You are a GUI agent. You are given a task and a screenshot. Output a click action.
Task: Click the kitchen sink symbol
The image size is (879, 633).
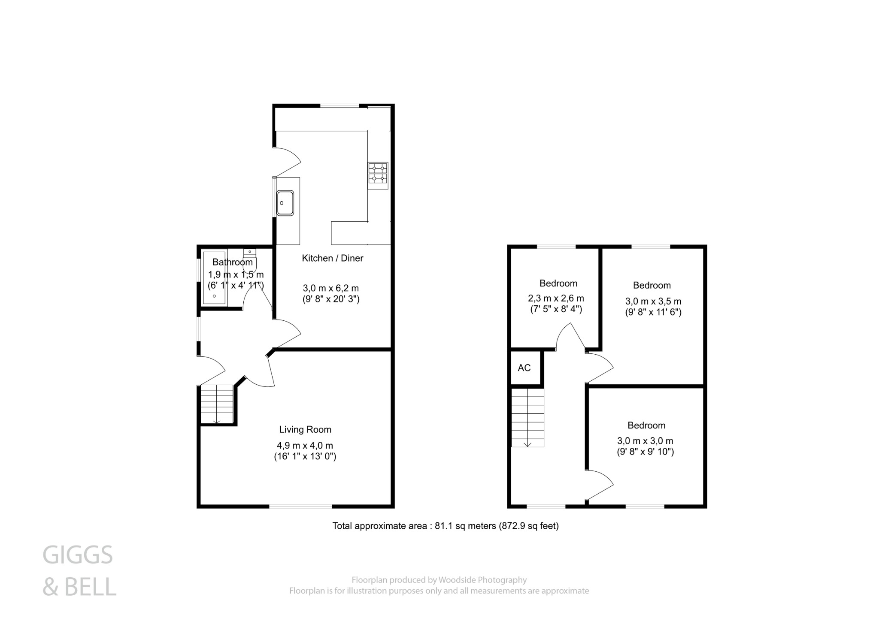pyautogui.click(x=285, y=203)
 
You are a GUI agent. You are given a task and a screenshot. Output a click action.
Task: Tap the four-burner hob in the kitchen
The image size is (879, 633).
pyautogui.click(x=378, y=175)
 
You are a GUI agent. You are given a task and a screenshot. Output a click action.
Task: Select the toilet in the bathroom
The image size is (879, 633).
pyautogui.click(x=249, y=260)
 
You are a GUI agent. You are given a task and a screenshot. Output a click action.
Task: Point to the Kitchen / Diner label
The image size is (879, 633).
pyautogui.click(x=333, y=258)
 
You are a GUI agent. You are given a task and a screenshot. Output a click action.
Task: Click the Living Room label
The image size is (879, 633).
pyautogui.click(x=305, y=429)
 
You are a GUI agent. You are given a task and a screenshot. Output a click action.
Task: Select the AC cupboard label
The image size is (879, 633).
pyautogui.click(x=524, y=368)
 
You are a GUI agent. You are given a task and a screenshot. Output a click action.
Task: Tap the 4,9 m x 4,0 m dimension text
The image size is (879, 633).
pyautogui.click(x=305, y=446)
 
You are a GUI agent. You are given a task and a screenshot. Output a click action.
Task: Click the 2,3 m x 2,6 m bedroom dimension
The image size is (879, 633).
pyautogui.click(x=556, y=298)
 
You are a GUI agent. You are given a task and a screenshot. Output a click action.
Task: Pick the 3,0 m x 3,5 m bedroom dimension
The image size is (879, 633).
pyautogui.click(x=653, y=301)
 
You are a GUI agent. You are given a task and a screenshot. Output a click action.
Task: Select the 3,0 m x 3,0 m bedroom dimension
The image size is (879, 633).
pyautogui.click(x=645, y=440)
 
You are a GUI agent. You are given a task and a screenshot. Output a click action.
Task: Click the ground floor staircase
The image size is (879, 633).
pyautogui.click(x=217, y=404)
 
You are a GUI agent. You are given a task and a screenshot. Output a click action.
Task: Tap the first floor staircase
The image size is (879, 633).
pyautogui.click(x=527, y=417)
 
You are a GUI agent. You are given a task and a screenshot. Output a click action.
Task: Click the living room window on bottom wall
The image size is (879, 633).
pyautogui.click(x=300, y=506)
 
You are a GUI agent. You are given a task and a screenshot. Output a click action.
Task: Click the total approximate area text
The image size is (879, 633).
pyautogui.click(x=446, y=526)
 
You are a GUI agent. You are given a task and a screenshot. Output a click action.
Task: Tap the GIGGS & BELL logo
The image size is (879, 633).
pyautogui.click(x=79, y=571)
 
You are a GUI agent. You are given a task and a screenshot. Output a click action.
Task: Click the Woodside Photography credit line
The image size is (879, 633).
pyautogui.click(x=439, y=580)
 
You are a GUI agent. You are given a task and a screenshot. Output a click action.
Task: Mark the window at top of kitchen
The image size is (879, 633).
pyautogui.click(x=339, y=105)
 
